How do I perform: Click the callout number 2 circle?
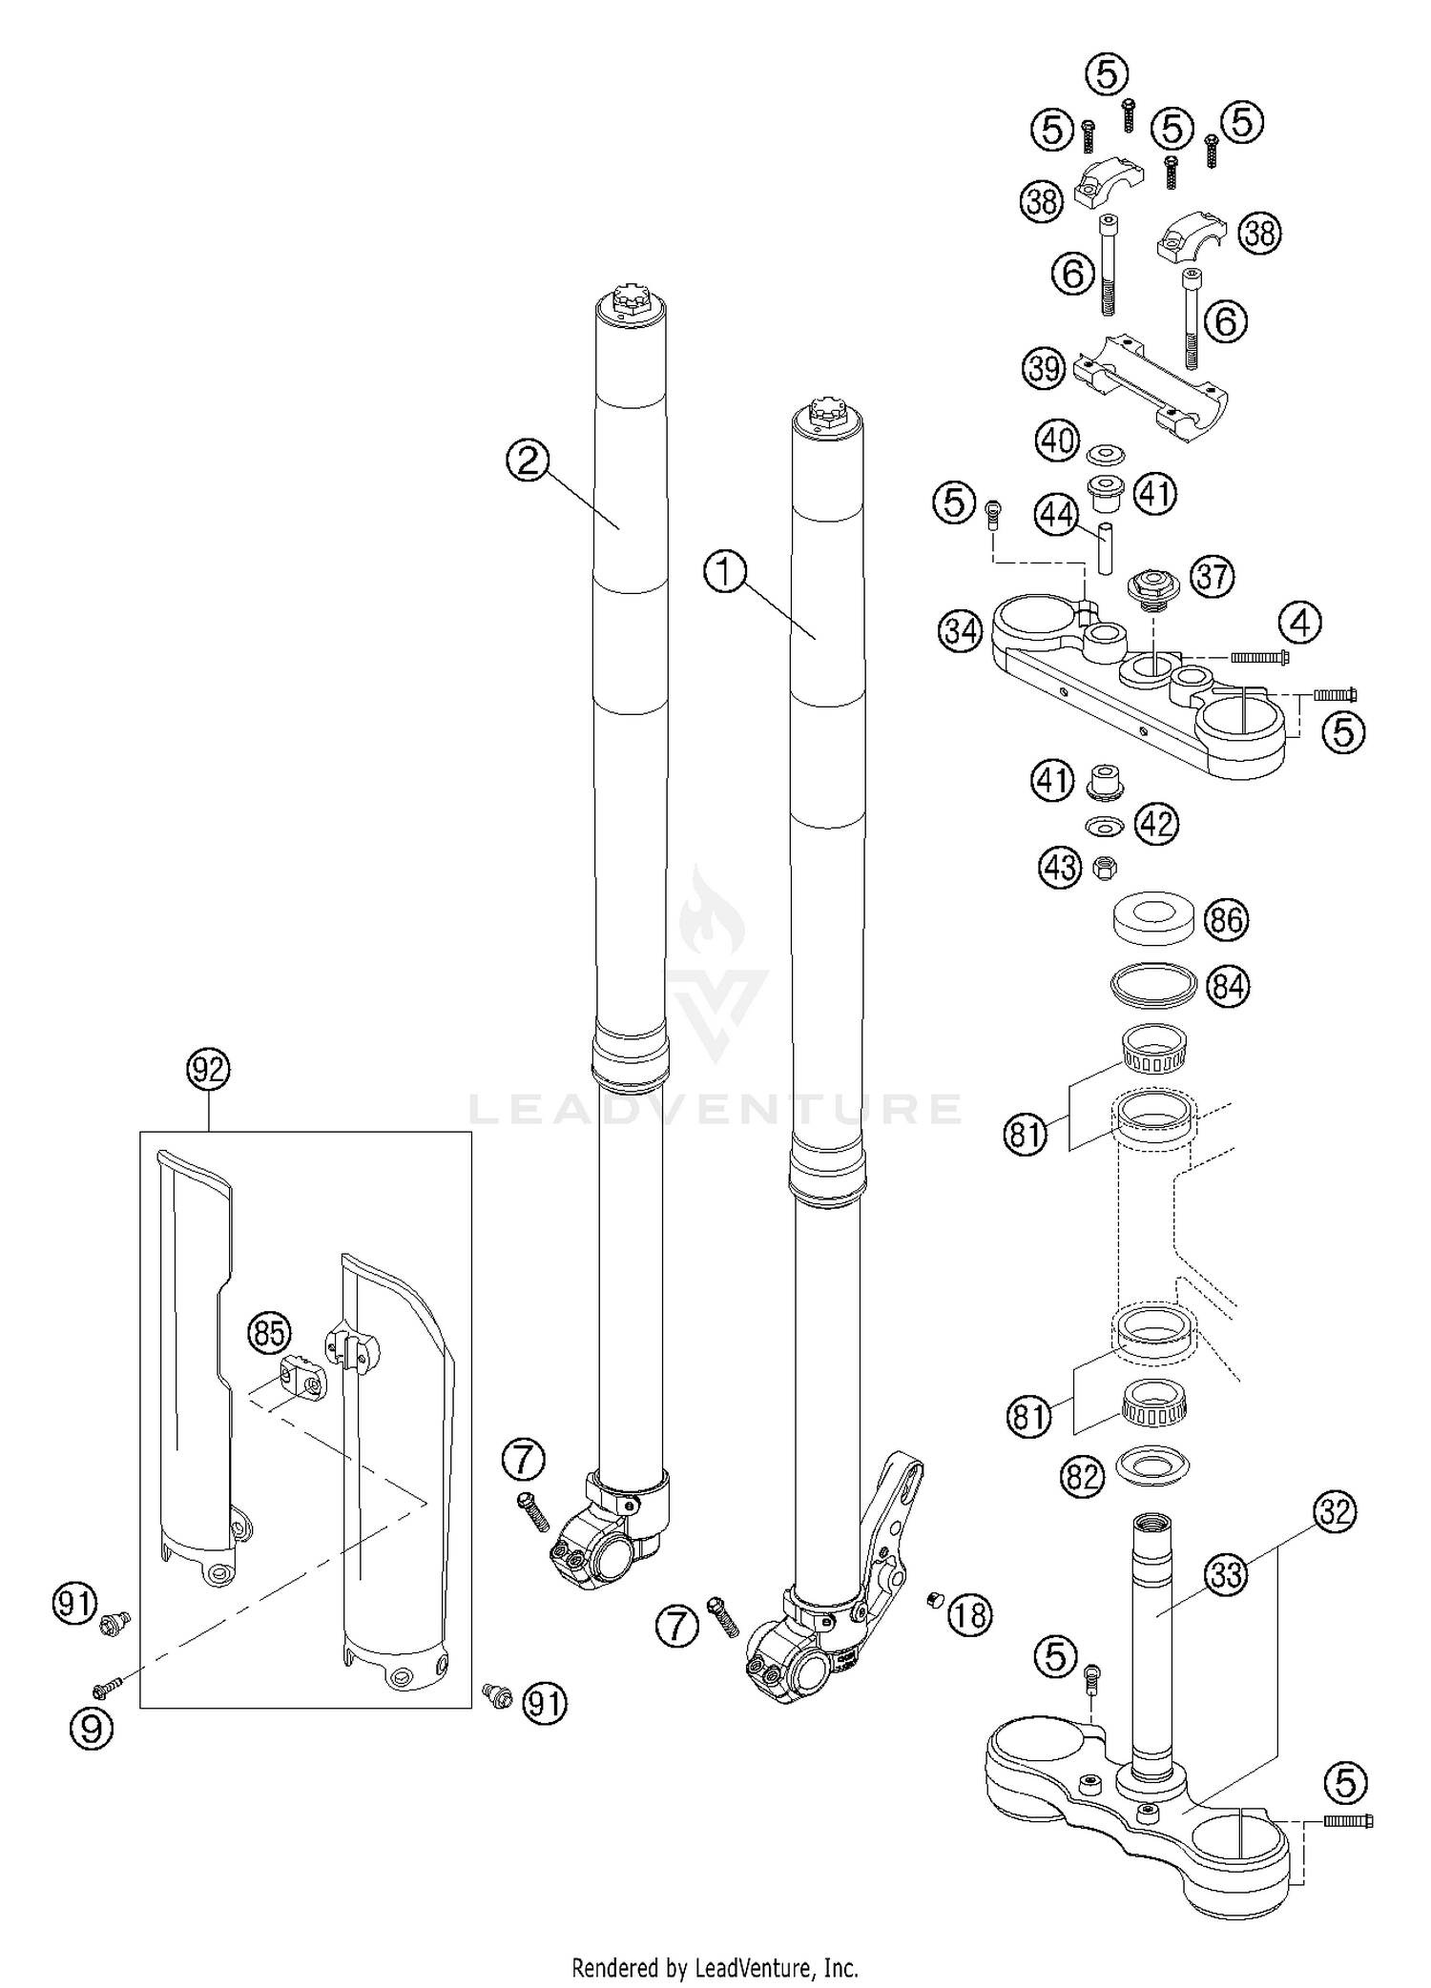[x=528, y=461]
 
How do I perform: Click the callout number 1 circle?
[x=725, y=573]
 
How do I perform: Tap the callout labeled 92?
[x=208, y=1070]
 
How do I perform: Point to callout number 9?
[x=92, y=1727]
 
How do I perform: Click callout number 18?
[x=969, y=1614]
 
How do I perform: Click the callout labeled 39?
[x=1045, y=368]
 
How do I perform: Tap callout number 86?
[x=1226, y=919]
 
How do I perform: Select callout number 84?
[x=1228, y=986]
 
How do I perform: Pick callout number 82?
[x=1082, y=1477]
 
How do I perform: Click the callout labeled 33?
[x=1227, y=1574]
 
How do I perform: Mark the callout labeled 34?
[x=961, y=631]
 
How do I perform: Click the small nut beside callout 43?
[x=1105, y=867]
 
